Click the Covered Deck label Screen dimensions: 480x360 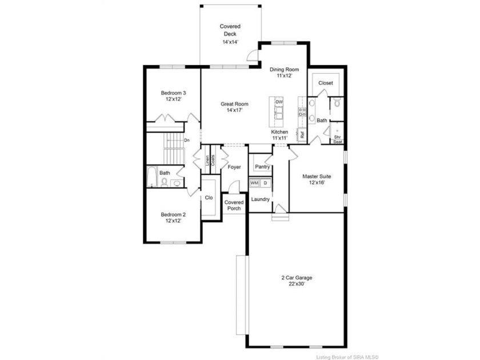click(x=230, y=30)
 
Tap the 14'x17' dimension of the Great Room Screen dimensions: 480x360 click(x=234, y=110)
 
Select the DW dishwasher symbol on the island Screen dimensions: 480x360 click(x=279, y=102)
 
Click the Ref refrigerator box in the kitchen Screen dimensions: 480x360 click(x=302, y=135)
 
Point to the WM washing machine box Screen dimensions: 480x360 click(x=254, y=183)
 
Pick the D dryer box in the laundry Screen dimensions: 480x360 click(x=265, y=183)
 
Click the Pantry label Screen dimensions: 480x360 click(x=262, y=167)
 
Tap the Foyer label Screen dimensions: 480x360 click(x=234, y=167)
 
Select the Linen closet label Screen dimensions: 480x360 click(x=207, y=161)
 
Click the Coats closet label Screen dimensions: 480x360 click(x=213, y=160)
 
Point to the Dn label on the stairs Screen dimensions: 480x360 click(x=187, y=140)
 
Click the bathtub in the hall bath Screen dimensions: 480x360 click(x=152, y=177)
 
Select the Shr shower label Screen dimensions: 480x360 click(x=337, y=137)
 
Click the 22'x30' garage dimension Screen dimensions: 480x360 click(x=297, y=284)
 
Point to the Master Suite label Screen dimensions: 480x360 click(x=317, y=177)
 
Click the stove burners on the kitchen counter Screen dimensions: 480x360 click(x=302, y=112)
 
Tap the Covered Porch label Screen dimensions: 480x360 click(x=234, y=205)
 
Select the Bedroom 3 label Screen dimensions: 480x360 click(x=173, y=93)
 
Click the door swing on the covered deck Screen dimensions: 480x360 click(x=253, y=55)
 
